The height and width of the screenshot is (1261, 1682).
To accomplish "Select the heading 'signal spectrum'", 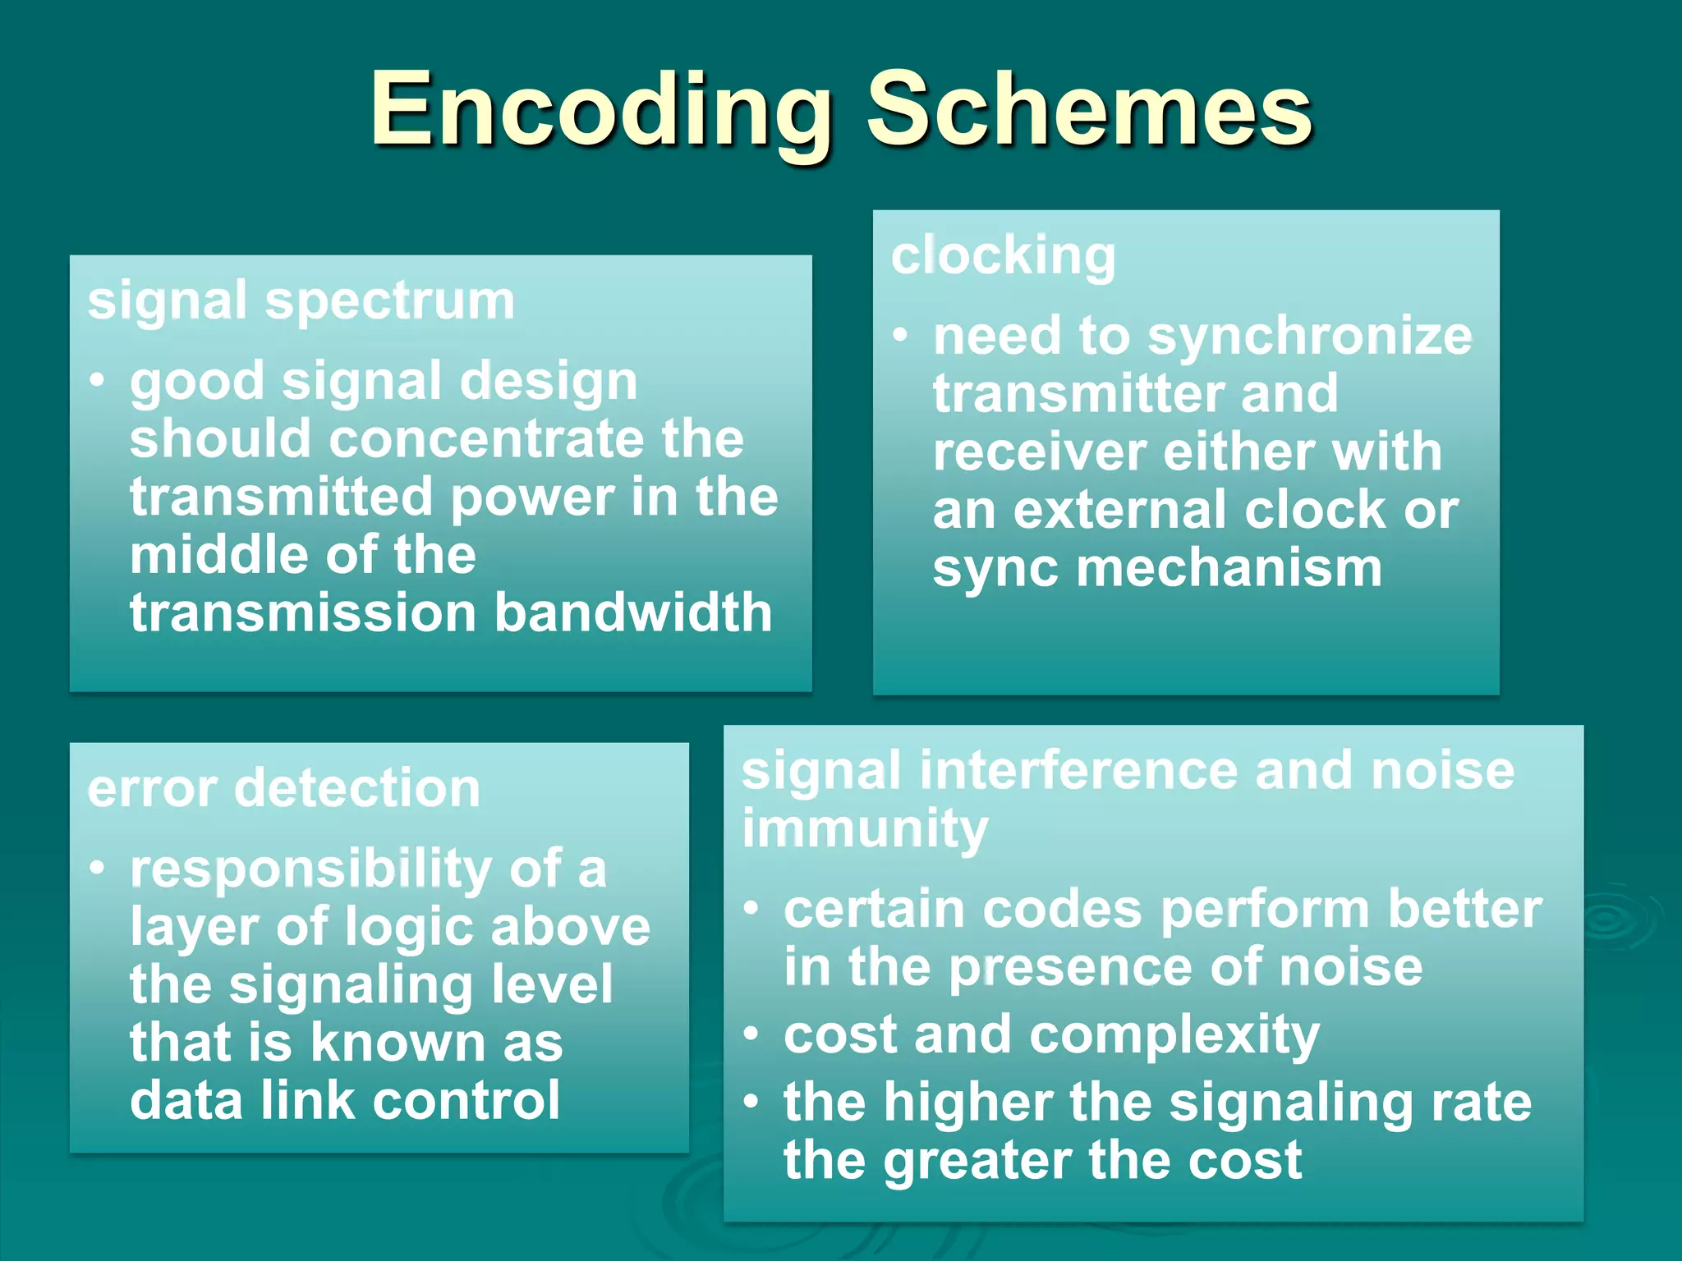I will (x=301, y=301).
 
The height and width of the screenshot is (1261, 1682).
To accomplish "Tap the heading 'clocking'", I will (x=1004, y=256).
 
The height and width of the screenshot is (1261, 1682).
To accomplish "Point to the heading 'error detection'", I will (x=284, y=789).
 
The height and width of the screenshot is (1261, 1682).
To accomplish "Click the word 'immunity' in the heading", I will (x=865, y=829).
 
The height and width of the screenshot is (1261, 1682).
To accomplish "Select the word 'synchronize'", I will (x=1310, y=337).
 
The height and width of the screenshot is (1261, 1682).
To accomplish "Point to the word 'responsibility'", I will (x=310, y=869).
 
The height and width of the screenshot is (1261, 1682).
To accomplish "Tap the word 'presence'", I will (x=1072, y=967).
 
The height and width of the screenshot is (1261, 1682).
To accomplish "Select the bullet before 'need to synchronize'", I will (x=901, y=335).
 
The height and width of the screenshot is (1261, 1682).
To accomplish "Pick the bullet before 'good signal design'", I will (x=98, y=380).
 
